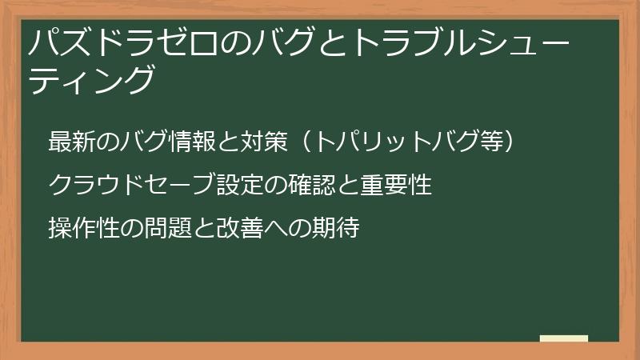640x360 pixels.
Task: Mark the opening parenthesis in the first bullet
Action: pos(297,142)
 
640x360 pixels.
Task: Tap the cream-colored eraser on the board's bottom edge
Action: pos(564,338)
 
